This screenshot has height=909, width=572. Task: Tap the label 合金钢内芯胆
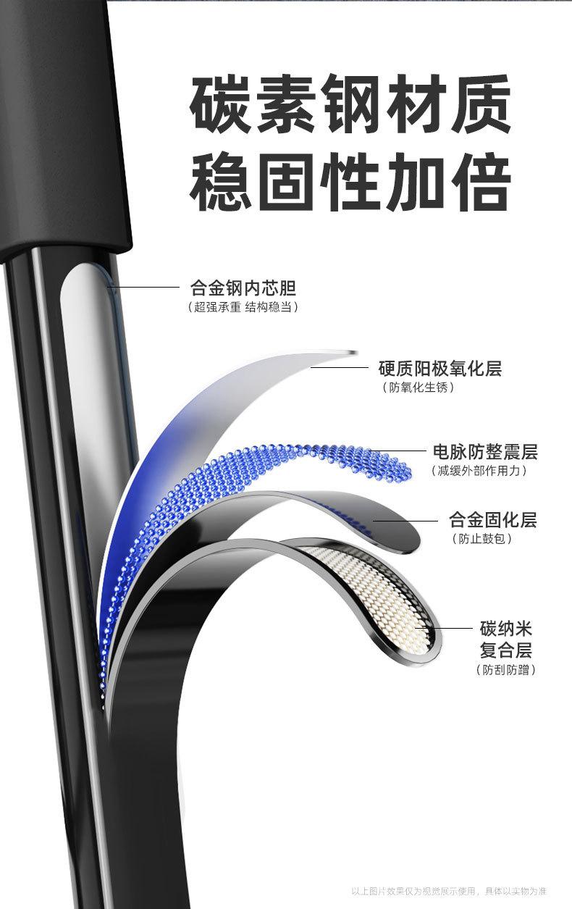click(x=243, y=288)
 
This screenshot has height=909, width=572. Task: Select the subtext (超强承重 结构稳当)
click(x=243, y=307)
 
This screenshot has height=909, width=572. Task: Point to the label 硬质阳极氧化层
click(x=440, y=368)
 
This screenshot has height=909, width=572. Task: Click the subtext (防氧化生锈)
click(x=419, y=388)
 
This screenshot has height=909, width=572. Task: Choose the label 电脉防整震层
click(x=485, y=452)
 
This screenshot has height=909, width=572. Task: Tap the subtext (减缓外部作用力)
click(x=478, y=471)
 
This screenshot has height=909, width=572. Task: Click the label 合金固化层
click(x=493, y=519)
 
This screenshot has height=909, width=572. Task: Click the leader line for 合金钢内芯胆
click(x=145, y=288)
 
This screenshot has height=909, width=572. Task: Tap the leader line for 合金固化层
click(x=405, y=520)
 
